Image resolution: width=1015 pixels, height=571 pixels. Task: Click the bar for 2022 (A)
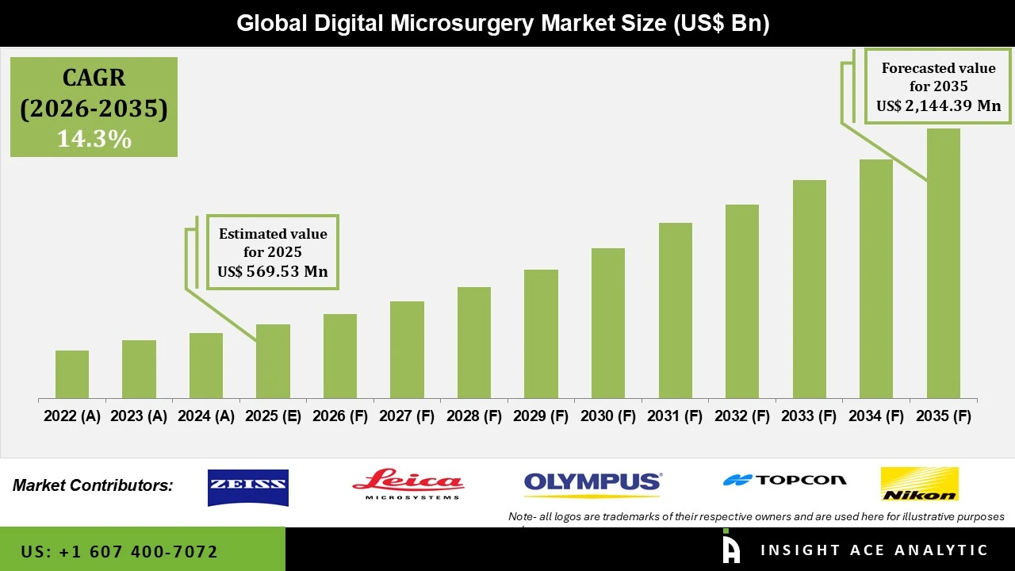point(72,374)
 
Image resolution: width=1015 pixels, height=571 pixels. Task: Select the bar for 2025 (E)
point(273,361)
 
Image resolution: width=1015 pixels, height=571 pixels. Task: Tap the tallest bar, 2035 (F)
point(943,263)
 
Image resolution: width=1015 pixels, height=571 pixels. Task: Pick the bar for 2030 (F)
point(608,323)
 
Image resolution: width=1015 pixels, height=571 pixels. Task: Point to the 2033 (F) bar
point(809,289)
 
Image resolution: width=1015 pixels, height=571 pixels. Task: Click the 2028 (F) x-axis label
point(474,416)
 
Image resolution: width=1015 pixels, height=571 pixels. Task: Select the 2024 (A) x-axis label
point(206,416)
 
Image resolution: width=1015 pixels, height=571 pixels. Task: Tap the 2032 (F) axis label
point(742,416)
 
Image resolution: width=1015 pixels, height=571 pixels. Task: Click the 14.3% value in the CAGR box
point(94,140)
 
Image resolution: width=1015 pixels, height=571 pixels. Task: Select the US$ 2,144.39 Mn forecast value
point(938,105)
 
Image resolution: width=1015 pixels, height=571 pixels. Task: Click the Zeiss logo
point(247,487)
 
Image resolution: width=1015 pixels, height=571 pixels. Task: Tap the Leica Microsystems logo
point(408,484)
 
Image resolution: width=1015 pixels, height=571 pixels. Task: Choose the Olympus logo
point(592,482)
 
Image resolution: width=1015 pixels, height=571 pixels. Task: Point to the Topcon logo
point(784,480)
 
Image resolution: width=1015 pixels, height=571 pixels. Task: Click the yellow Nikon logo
point(919,484)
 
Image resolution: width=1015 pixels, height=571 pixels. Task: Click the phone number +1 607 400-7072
point(119,551)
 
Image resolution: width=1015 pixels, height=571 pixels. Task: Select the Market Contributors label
point(93,485)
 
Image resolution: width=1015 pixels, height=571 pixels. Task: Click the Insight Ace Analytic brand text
point(874,550)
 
